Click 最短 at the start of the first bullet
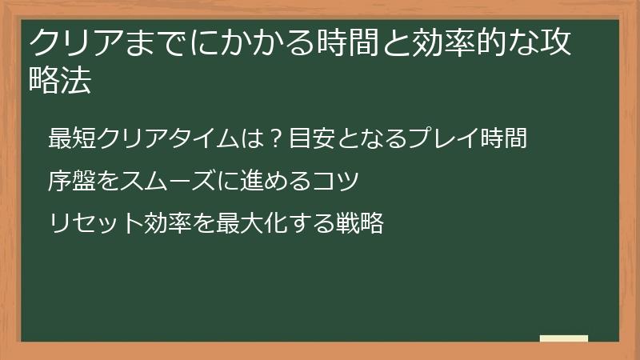(x=68, y=138)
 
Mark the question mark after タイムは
(x=273, y=138)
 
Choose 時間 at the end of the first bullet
(x=504, y=138)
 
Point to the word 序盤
(x=68, y=181)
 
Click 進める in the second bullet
(x=265, y=181)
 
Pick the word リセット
(x=97, y=223)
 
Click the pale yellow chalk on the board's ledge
(x=564, y=338)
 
